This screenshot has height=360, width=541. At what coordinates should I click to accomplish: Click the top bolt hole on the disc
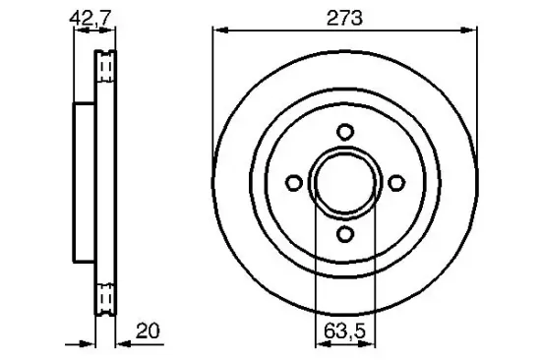pos(344,132)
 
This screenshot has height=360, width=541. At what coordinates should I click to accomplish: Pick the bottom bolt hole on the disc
pos(344,232)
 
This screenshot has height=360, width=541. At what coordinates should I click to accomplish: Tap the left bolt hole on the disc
pos(293,182)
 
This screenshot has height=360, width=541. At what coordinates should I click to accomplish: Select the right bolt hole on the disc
pos(395,182)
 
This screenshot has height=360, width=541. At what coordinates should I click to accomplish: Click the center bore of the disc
pos(344,182)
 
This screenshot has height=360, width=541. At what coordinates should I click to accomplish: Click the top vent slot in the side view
pos(105,66)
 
